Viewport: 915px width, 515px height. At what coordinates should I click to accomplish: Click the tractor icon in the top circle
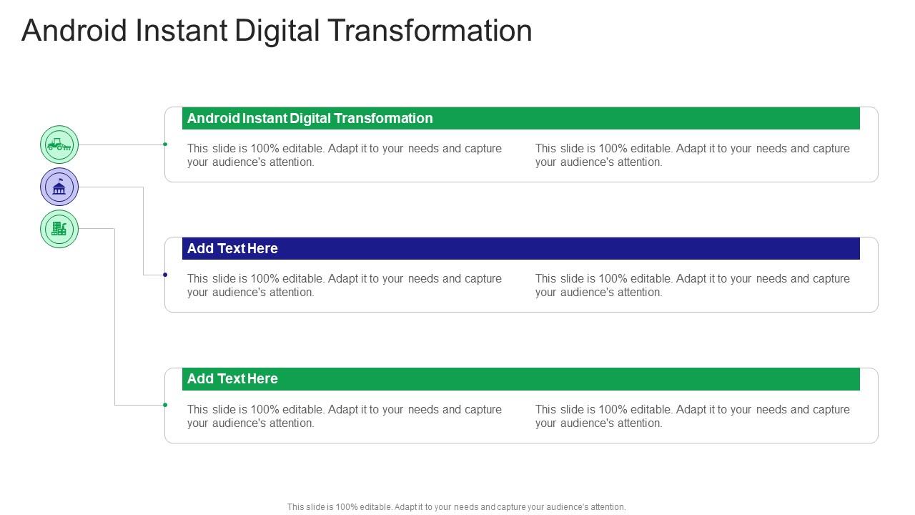coord(59,144)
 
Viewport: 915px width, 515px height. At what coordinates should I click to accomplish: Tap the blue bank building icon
coord(59,187)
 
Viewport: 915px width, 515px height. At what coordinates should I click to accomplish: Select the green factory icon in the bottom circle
coord(59,229)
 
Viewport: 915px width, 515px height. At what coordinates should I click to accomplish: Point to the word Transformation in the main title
coord(430,31)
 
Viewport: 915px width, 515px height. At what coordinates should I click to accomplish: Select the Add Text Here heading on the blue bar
coord(232,248)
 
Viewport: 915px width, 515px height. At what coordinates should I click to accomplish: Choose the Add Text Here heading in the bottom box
coord(232,378)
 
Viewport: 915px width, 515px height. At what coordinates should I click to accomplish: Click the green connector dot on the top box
coord(165,144)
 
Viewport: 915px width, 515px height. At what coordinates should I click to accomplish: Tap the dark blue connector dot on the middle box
coord(165,275)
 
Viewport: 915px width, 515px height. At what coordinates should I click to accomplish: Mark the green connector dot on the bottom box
coord(165,405)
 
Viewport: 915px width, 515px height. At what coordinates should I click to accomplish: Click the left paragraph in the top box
coord(345,155)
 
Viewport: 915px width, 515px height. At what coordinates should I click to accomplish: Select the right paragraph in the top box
coord(692,155)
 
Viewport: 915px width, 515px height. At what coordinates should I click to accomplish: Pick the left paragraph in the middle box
coord(345,285)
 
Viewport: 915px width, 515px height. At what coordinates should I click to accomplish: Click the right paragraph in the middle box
coord(692,285)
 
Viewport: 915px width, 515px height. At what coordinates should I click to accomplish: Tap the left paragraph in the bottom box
coord(345,416)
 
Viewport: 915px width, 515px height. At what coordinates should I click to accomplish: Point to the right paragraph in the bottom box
coord(692,416)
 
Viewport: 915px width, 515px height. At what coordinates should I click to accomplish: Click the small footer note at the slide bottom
coord(456,507)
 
